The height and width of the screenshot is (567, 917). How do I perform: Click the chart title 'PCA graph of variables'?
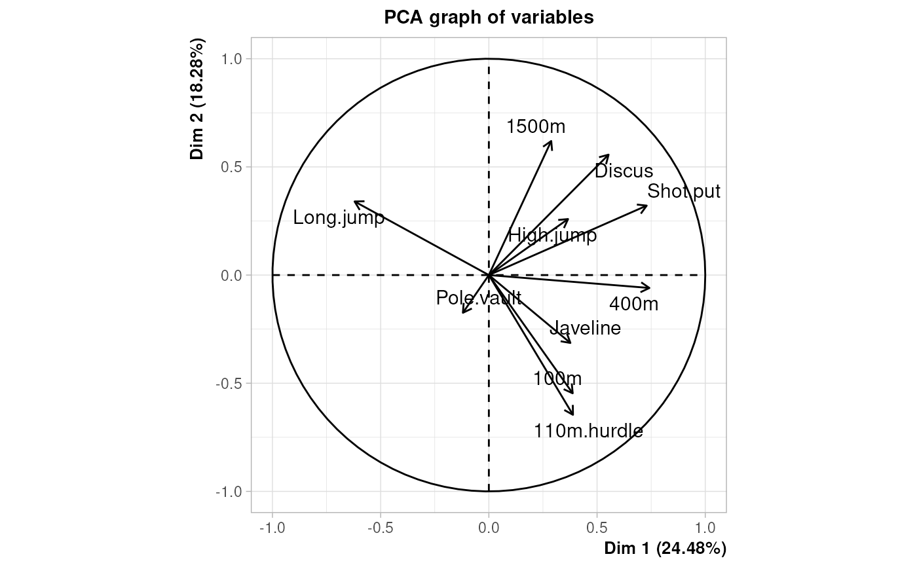(489, 18)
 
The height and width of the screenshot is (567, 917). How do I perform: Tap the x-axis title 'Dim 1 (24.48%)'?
(665, 547)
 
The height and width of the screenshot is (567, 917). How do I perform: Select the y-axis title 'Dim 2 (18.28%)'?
(197, 100)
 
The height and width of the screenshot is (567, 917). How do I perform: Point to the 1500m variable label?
(536, 127)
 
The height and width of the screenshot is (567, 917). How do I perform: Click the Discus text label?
(624, 171)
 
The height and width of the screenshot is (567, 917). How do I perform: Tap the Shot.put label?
(684, 192)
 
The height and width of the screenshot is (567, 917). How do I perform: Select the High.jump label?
(552, 235)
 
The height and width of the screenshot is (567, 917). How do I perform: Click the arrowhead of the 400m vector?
(650, 288)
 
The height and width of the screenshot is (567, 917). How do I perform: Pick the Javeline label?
(585, 328)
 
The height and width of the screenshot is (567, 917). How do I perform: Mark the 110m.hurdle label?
(588, 431)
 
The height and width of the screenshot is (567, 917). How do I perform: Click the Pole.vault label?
(479, 299)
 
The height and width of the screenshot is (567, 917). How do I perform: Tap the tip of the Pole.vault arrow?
(462, 313)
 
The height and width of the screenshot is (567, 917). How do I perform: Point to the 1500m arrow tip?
(552, 141)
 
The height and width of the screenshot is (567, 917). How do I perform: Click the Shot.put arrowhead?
(647, 206)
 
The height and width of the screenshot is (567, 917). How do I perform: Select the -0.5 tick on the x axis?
(380, 528)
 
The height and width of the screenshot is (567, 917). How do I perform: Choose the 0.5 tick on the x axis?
(597, 528)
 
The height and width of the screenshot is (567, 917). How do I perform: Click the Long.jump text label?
(339, 218)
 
